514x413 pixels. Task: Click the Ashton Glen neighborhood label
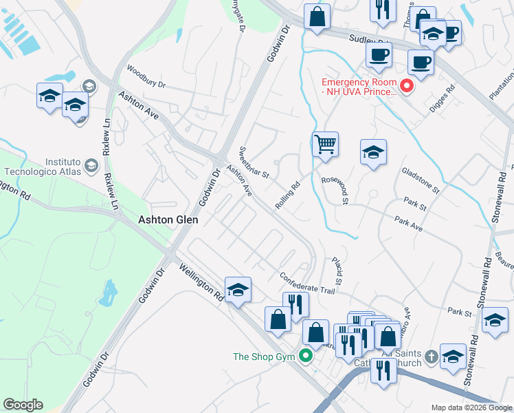[168, 220]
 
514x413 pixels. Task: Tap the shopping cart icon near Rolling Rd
[325, 145]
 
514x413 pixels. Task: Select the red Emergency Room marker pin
[406, 86]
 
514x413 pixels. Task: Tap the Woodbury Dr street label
[146, 76]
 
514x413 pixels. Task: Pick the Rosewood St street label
[337, 190]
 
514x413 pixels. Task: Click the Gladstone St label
[420, 180]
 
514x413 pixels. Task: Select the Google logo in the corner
[23, 405]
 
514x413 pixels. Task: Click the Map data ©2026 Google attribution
[471, 407]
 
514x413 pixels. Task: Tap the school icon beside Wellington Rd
[238, 290]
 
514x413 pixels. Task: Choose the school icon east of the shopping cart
[373, 152]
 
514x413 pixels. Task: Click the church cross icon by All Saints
[431, 356]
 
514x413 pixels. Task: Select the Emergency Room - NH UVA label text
[359, 86]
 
